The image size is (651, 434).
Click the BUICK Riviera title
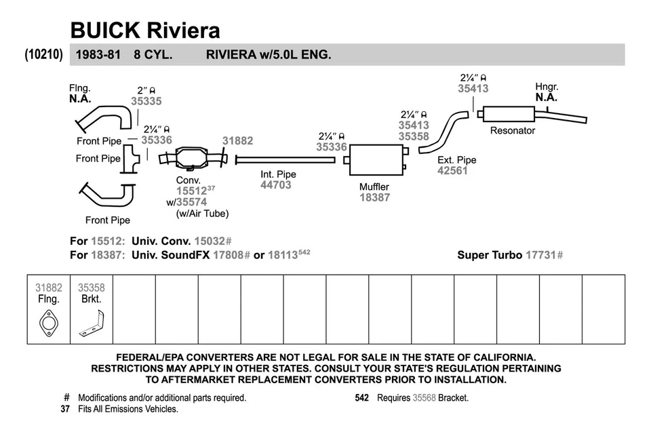pyautogui.click(x=145, y=30)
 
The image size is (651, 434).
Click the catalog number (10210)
pyautogui.click(x=44, y=54)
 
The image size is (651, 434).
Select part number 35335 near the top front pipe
pyautogui.click(x=146, y=101)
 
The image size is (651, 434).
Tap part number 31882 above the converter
pyautogui.click(x=237, y=141)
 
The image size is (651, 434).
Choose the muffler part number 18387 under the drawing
pyautogui.click(x=374, y=197)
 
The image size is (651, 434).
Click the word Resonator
pyautogui.click(x=513, y=131)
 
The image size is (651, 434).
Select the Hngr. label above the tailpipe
pyautogui.click(x=547, y=87)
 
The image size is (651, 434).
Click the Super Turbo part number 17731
pyautogui.click(x=541, y=255)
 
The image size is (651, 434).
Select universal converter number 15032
pyautogui.click(x=210, y=241)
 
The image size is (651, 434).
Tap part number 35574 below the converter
pyautogui.click(x=192, y=201)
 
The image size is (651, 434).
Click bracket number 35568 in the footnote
pyautogui.click(x=425, y=398)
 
